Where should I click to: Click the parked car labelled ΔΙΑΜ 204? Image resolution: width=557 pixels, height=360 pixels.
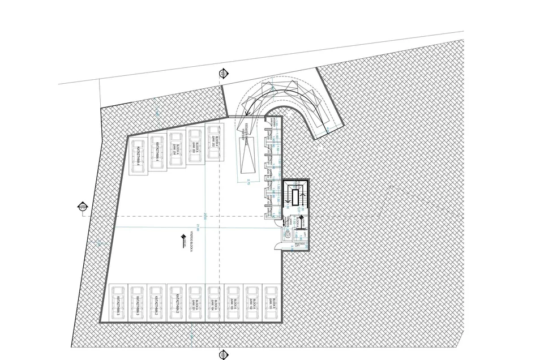176,151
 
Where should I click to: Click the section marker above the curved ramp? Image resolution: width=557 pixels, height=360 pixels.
223,74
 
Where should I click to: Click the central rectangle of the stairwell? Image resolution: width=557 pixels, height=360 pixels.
296,197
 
